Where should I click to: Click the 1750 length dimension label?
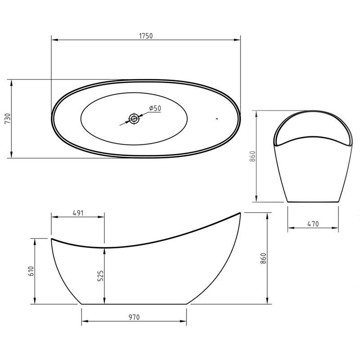tap(146, 36)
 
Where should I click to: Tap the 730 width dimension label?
tap(8, 119)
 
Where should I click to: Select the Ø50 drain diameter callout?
tap(155, 108)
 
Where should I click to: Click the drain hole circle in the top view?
tap(134, 119)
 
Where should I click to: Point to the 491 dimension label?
tap(78, 213)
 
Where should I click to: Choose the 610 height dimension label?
tap(31, 271)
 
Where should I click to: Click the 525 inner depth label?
tap(100, 276)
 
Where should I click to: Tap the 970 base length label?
tap(134, 317)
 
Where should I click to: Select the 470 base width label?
tap(313, 224)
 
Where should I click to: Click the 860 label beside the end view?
tap(252, 156)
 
